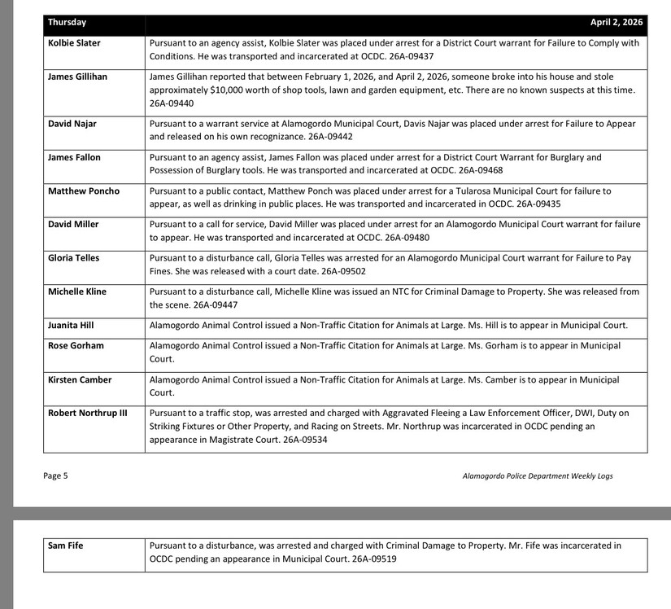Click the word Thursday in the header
[67, 22]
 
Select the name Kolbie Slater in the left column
[74, 42]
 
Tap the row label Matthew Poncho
[83, 191]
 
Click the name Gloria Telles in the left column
[73, 257]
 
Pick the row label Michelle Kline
[77, 291]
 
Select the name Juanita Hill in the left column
[71, 325]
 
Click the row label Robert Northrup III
[88, 413]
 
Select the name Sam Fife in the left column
[66, 545]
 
